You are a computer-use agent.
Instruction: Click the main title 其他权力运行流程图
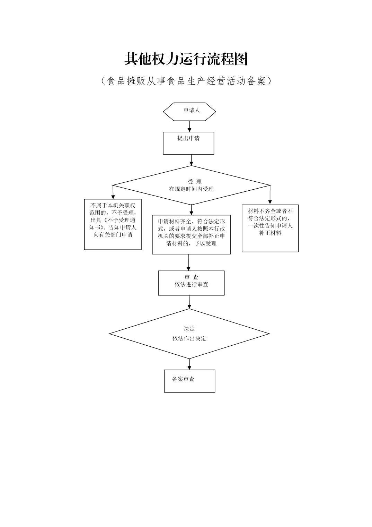(x=186, y=59)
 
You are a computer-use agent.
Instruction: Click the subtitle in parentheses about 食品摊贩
(x=186, y=81)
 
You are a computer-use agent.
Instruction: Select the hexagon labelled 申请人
(x=189, y=111)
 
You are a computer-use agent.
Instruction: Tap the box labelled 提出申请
(x=188, y=143)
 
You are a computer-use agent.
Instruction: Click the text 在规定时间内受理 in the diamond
(x=191, y=189)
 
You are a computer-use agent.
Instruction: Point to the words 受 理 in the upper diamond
(x=194, y=182)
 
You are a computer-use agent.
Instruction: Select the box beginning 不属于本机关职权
(x=113, y=224)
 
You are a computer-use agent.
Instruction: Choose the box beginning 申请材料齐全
(x=191, y=234)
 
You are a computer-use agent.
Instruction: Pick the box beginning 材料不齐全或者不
(x=270, y=228)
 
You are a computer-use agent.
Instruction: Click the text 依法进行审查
(x=191, y=284)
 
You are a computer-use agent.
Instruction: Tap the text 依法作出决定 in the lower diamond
(x=189, y=338)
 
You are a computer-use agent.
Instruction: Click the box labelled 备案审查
(x=189, y=381)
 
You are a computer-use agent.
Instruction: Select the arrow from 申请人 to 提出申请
(x=189, y=126)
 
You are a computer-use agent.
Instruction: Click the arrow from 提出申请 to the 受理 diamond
(x=191, y=160)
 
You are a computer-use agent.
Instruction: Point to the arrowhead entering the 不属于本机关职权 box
(x=113, y=197)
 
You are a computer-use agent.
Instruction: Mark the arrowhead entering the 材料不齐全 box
(x=270, y=202)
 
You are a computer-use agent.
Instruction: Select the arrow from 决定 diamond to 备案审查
(x=189, y=364)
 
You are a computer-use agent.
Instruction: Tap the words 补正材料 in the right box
(x=270, y=233)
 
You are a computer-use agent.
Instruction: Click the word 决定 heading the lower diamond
(x=189, y=329)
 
